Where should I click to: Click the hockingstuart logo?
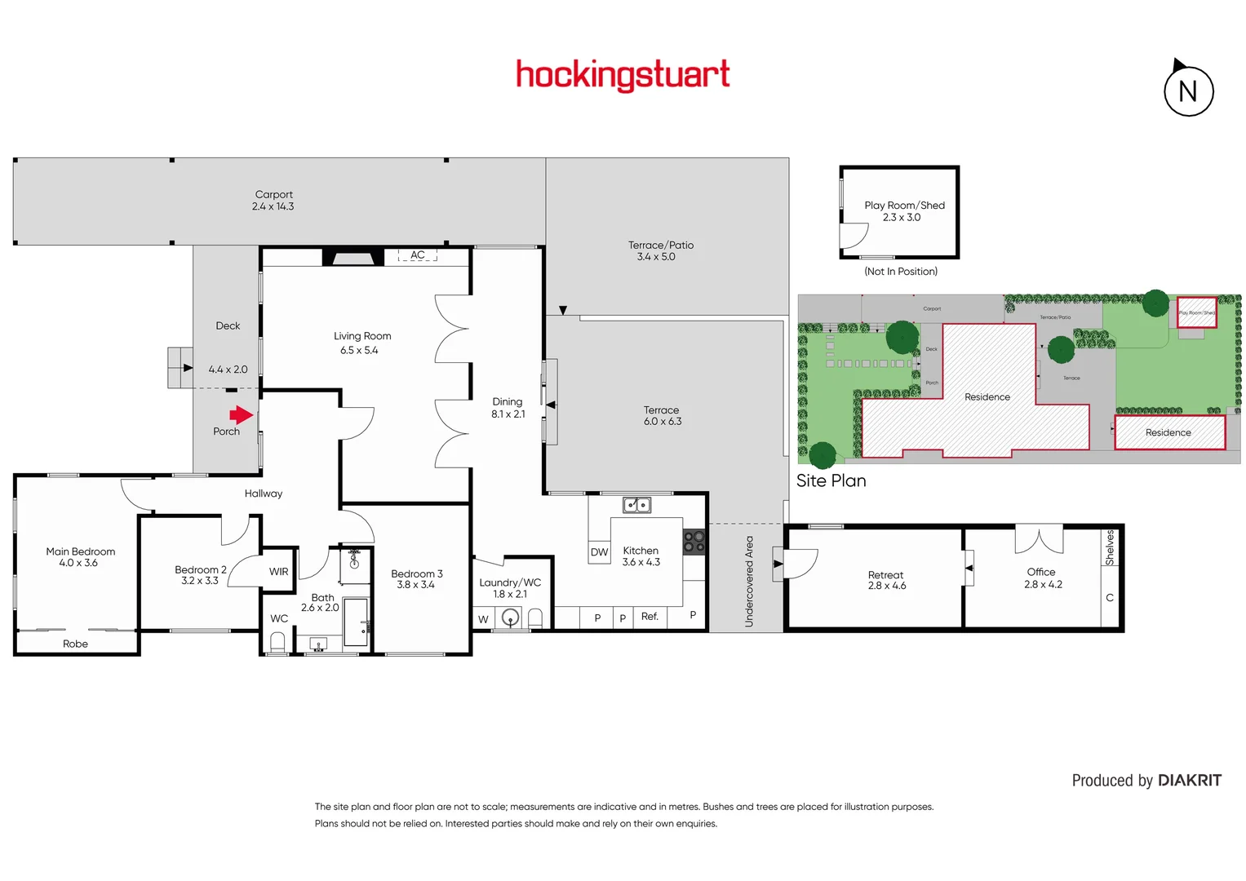(623, 75)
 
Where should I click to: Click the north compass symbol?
(1188, 91)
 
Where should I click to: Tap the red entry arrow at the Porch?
(242, 414)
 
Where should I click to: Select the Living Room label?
(362, 336)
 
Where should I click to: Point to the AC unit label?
(418, 255)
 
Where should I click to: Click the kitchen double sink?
(636, 505)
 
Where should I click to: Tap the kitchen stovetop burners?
(694, 542)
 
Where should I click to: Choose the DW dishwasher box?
(599, 552)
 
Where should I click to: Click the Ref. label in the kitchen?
(650, 617)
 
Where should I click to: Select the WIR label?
(278, 572)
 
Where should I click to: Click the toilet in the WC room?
(277, 643)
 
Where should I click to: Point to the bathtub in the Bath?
(355, 622)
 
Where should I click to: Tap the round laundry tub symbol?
(511, 618)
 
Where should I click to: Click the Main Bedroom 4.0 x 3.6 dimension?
(78, 563)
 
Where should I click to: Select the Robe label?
(75, 644)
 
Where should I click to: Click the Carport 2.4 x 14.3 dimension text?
(273, 206)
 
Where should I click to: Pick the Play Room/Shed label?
(904, 206)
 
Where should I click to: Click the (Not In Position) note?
(901, 272)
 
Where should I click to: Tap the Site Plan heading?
(831, 480)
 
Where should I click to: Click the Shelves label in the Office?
(1110, 547)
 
